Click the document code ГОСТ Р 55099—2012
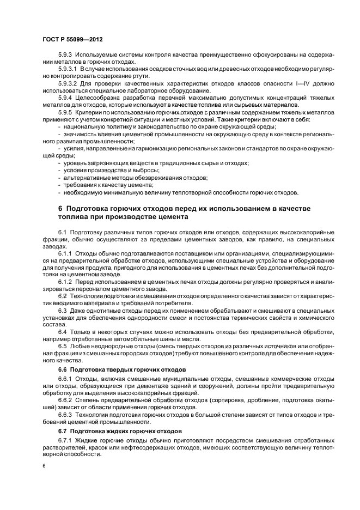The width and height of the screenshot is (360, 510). click(x=72, y=40)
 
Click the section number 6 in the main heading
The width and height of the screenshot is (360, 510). click(x=60, y=209)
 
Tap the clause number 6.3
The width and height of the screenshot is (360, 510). click(x=62, y=310)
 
